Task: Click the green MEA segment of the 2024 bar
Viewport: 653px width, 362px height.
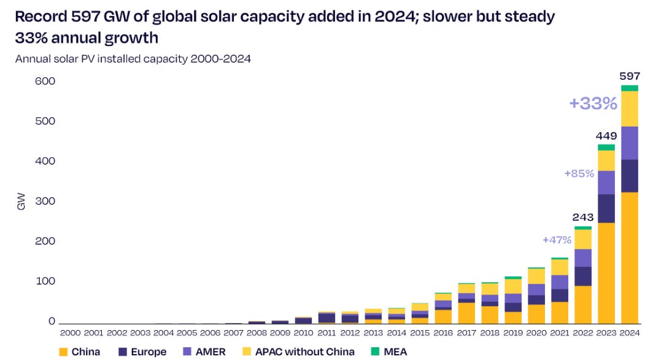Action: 630,88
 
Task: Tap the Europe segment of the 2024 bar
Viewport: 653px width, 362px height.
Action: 630,176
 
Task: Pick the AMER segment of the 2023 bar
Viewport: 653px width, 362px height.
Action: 607,183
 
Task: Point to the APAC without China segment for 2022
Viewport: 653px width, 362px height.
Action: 584,239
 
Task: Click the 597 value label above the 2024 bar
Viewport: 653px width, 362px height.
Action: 630,76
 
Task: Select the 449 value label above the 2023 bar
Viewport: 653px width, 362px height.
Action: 607,135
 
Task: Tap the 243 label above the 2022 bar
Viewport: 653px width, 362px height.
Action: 583,217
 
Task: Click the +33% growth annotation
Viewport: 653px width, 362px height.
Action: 593,103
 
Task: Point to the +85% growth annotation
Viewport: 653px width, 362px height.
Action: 579,174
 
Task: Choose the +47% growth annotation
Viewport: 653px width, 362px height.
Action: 557,240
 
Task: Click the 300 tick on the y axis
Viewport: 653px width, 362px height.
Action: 31,201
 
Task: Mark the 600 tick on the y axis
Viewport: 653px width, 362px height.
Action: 31,81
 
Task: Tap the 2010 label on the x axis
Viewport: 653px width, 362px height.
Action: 304,333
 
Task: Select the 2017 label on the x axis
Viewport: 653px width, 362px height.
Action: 467,333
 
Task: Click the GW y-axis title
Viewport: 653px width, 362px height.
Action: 21,201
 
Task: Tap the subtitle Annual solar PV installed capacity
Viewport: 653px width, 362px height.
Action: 133,59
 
